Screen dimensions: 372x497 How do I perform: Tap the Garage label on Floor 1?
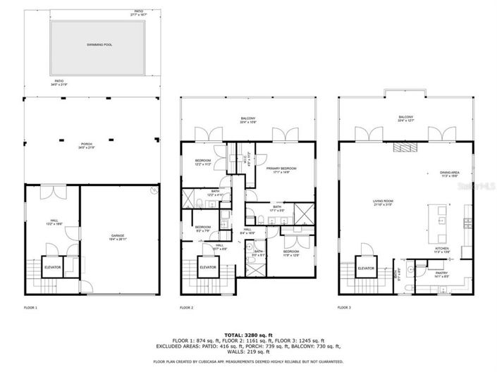point(117,236)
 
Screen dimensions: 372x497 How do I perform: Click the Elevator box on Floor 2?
point(207,268)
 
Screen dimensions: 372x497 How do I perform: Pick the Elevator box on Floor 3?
point(365,268)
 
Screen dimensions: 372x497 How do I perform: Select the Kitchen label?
point(442,249)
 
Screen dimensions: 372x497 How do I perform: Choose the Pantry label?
point(441,274)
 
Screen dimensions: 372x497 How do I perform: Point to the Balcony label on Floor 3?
point(405,118)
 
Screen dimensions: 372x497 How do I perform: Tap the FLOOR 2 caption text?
point(186,309)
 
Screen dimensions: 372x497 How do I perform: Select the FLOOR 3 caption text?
point(345,309)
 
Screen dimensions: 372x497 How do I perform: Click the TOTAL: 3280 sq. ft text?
point(248,335)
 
